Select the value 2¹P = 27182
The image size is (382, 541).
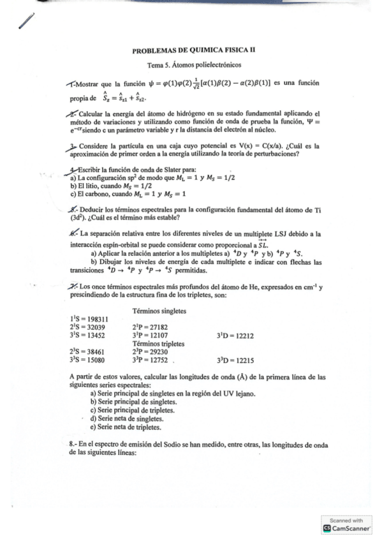tap(155, 327)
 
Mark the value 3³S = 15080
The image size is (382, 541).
tap(87, 360)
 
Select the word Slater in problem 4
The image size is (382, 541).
tap(166, 169)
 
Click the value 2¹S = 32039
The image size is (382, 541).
tap(87, 327)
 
